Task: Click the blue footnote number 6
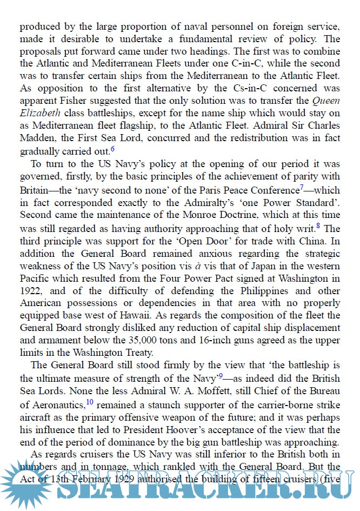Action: [x=112, y=149]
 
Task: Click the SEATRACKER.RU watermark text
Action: [x=205, y=489]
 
